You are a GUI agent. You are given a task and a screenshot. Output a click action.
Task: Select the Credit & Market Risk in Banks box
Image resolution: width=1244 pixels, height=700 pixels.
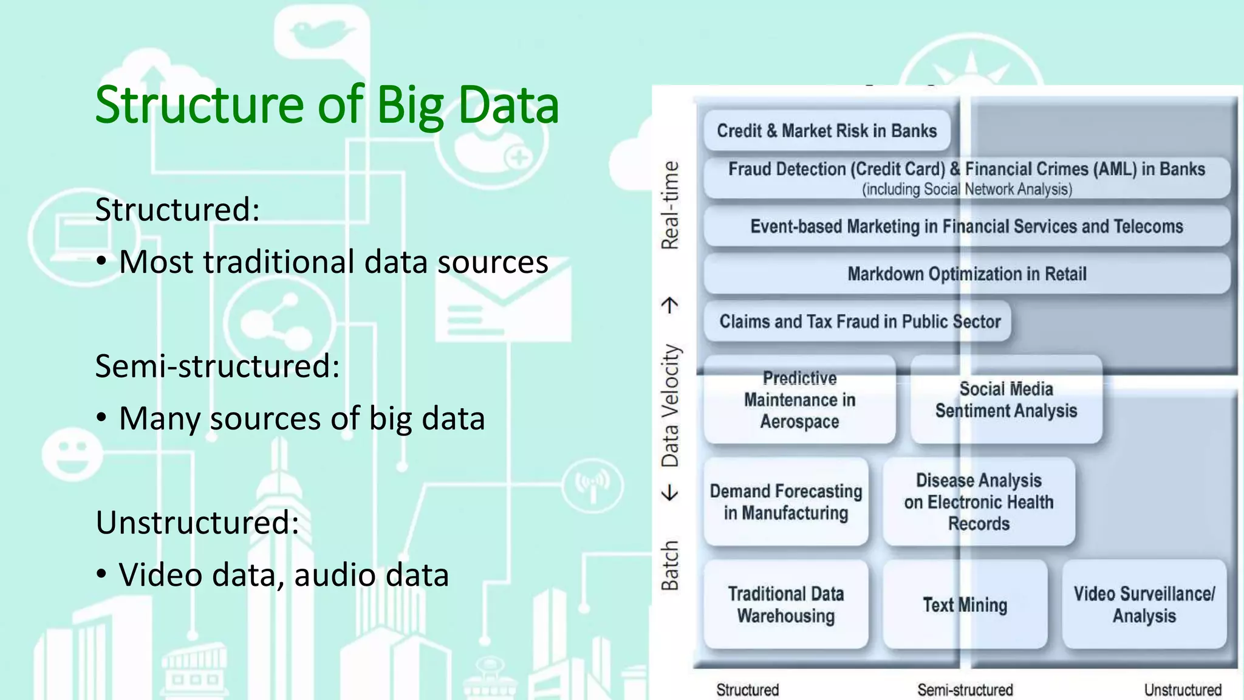(827, 131)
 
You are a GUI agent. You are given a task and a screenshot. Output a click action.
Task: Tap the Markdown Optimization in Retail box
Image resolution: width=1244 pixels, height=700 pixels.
(966, 274)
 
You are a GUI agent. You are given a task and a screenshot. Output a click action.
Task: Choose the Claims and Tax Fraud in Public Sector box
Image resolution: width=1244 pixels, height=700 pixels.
(859, 321)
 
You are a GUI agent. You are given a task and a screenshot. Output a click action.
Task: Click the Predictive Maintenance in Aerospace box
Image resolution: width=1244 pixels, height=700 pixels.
(799, 400)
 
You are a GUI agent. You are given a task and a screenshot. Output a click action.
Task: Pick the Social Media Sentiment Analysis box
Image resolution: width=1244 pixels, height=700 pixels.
(1006, 400)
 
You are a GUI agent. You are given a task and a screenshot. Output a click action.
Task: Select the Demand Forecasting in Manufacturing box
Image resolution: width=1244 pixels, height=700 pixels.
(786, 502)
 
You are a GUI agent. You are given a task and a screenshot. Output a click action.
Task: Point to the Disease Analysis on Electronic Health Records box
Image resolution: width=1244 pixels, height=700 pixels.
(979, 502)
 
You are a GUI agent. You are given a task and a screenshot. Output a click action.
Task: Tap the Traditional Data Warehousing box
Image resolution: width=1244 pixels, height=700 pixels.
(786, 605)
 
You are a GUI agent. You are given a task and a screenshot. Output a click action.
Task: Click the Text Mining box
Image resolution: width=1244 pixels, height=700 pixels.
(965, 605)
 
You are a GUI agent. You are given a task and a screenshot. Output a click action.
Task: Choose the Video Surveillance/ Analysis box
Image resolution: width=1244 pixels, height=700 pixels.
(1144, 605)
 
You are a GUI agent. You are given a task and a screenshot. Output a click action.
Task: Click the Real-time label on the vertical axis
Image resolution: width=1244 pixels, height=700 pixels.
(670, 205)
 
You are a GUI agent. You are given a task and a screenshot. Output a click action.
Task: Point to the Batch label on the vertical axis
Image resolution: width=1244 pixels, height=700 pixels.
(670, 565)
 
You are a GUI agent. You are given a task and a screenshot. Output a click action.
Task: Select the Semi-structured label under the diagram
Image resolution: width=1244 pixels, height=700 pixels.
(965, 690)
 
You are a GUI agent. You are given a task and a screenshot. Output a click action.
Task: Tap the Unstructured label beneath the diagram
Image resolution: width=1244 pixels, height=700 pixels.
(1182, 690)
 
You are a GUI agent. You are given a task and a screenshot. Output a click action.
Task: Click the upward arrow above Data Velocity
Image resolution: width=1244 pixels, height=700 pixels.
(670, 304)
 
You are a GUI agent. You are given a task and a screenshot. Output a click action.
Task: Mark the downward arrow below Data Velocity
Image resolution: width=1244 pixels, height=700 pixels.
(670, 492)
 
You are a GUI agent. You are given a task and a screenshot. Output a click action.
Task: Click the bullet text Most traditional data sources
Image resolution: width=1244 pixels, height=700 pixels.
(333, 262)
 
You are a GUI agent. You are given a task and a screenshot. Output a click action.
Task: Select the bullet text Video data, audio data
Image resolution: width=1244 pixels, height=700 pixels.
(283, 575)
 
